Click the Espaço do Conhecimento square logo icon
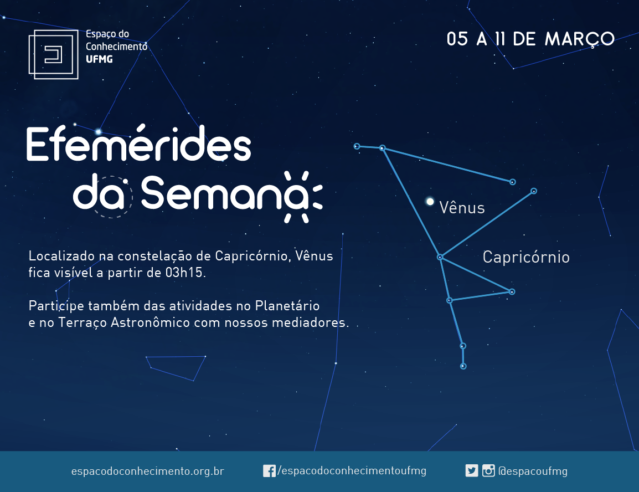[x=53, y=54]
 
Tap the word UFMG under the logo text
[x=99, y=59]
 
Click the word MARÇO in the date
[x=580, y=39]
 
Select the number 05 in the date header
[x=457, y=39]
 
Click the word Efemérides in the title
[x=138, y=143]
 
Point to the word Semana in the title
[x=225, y=193]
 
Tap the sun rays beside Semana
[x=303, y=197]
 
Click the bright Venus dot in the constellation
[x=430, y=201]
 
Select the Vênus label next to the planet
[x=462, y=207]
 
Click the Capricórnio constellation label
[x=526, y=257]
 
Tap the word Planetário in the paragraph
[x=287, y=306]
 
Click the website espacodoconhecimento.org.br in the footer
[x=147, y=471]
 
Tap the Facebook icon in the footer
[x=269, y=471]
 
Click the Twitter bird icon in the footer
[x=472, y=470]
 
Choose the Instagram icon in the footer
[x=488, y=470]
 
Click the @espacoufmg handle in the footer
[x=533, y=471]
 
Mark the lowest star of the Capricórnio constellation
[x=463, y=366]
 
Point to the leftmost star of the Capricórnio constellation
[x=357, y=146]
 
